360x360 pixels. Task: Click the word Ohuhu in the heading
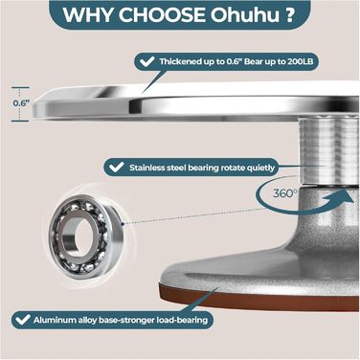245,14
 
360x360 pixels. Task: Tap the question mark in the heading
288,14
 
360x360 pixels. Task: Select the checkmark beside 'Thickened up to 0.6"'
147,61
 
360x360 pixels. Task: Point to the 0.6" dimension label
21,103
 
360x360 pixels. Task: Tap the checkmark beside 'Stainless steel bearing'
117,167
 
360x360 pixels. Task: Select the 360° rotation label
285,193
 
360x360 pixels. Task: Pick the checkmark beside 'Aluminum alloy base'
23,320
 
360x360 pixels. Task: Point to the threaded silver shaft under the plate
328,151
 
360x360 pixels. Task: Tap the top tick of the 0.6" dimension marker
20,87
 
